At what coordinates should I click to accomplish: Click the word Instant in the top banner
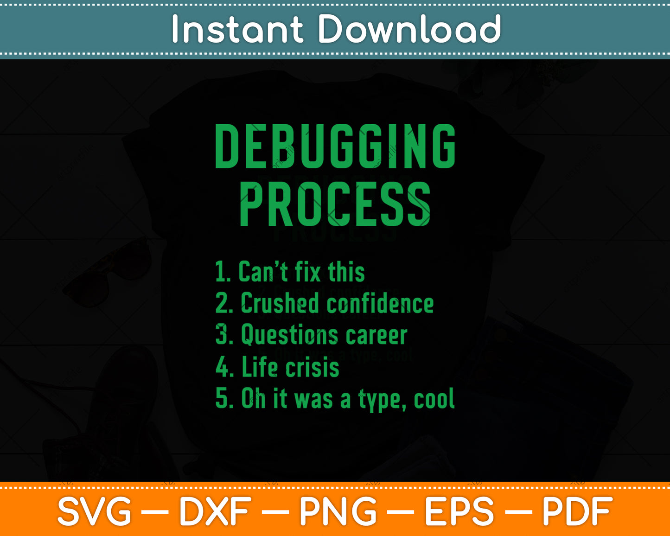click(x=237, y=29)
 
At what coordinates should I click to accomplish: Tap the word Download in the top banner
click(x=409, y=29)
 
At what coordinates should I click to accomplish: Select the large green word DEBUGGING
click(x=335, y=146)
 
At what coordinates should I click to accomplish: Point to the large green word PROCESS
click(x=335, y=204)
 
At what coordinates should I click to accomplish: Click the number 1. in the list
click(x=223, y=272)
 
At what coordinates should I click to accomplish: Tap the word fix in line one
click(x=307, y=272)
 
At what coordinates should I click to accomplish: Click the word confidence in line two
click(x=380, y=304)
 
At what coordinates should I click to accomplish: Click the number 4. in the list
click(x=224, y=367)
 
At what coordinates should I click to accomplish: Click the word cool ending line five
click(x=434, y=399)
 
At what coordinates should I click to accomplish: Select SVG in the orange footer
click(x=94, y=511)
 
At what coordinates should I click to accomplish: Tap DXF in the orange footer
click(x=215, y=511)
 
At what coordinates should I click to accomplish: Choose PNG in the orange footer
click(x=338, y=511)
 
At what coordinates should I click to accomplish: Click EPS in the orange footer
click(x=459, y=511)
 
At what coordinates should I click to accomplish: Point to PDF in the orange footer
click(x=577, y=511)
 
